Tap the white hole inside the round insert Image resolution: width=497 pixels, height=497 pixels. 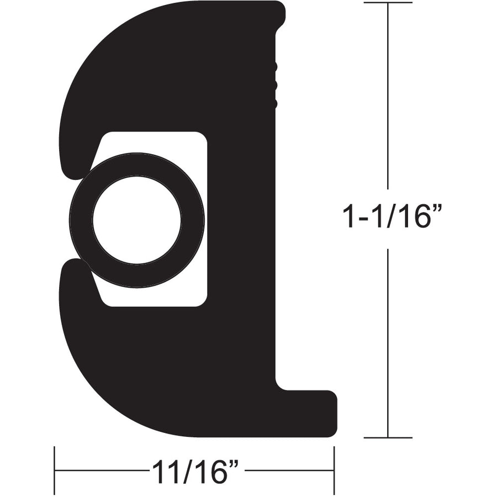[x=137, y=220]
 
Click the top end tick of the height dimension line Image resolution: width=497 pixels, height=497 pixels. [x=388, y=3]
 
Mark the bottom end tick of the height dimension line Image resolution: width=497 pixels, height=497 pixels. [x=388, y=438]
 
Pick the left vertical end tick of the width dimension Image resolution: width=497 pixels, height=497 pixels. [x=54, y=470]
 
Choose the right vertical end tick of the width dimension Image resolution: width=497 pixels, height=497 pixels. [x=334, y=470]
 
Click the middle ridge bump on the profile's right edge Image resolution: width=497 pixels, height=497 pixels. [x=274, y=85]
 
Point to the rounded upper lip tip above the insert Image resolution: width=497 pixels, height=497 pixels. [x=72, y=166]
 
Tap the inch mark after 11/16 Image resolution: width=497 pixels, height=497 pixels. [x=234, y=463]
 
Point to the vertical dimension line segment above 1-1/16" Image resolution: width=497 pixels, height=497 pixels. [x=388, y=99]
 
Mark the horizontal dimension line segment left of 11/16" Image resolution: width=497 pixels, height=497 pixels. [x=99, y=470]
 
